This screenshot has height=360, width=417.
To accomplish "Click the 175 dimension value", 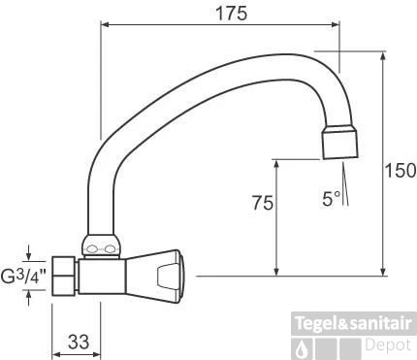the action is (231, 14).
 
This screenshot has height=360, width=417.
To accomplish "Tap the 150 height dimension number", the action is (400, 171).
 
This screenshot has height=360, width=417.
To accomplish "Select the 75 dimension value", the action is (263, 203).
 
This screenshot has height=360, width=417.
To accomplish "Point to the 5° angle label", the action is (332, 199).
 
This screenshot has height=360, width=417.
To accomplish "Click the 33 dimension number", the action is (79, 342).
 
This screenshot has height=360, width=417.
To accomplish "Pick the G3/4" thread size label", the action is (23, 276).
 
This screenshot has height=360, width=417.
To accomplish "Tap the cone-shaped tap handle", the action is (155, 277).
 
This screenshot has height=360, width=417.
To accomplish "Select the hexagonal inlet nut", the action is (65, 276).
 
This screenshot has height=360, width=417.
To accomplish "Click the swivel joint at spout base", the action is (101, 245).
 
